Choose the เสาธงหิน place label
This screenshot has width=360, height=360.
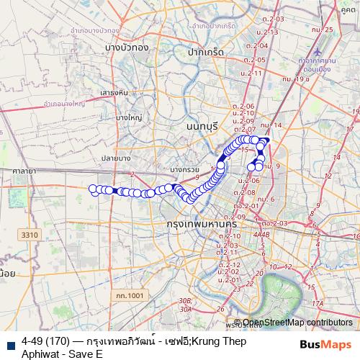coord(114,93)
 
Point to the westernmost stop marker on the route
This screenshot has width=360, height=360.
coord(92,189)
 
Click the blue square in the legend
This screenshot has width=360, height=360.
coord(10,346)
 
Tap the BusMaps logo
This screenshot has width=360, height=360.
coord(325,345)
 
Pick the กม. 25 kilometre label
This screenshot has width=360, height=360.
coord(325,30)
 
